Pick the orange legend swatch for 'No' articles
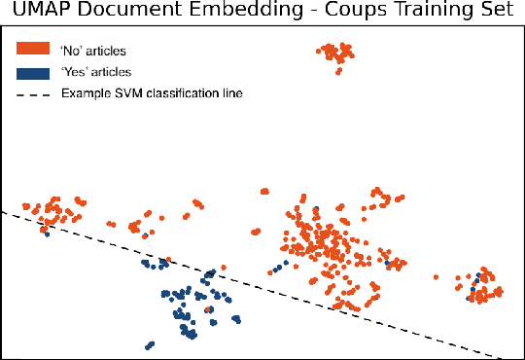[33, 48]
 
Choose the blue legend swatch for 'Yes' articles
[33, 71]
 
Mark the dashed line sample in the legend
[33, 94]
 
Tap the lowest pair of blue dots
[149, 344]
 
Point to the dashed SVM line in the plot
[292, 292]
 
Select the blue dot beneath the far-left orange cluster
[47, 234]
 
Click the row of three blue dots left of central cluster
[280, 265]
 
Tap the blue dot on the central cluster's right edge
[387, 262]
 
